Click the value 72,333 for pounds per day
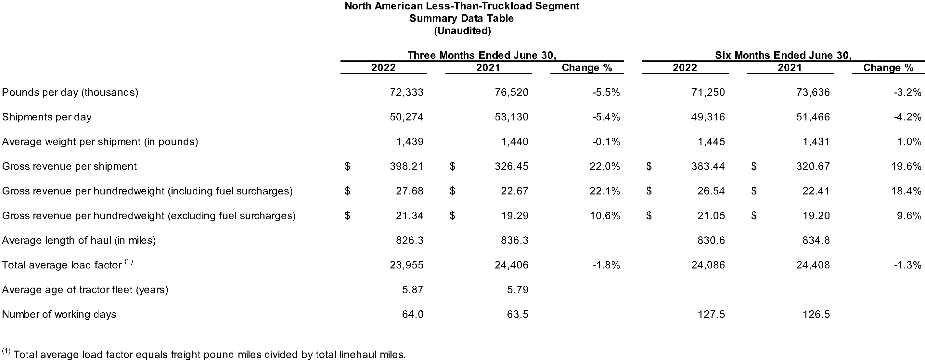(x=406, y=93)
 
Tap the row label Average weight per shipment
(x=100, y=142)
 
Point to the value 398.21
(x=406, y=167)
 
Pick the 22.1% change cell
(x=605, y=191)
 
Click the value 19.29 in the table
(x=515, y=216)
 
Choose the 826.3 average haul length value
(x=410, y=241)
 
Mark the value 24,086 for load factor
(x=708, y=265)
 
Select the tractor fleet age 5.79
(x=518, y=290)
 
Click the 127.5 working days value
(x=711, y=315)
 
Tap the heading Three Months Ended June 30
(x=482, y=55)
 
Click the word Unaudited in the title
(x=463, y=31)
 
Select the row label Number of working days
(x=59, y=315)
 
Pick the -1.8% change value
(x=606, y=265)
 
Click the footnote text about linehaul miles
(x=204, y=354)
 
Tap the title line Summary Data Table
(x=462, y=18)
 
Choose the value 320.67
(x=813, y=167)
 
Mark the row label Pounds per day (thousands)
(x=71, y=93)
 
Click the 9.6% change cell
(x=909, y=216)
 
